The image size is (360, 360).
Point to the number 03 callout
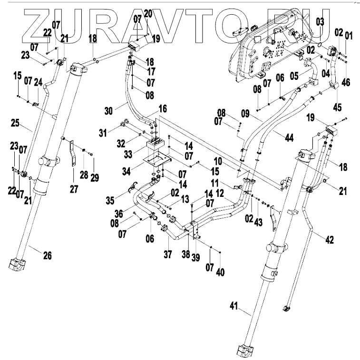click(320, 21)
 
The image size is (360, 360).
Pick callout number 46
click(346, 82)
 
